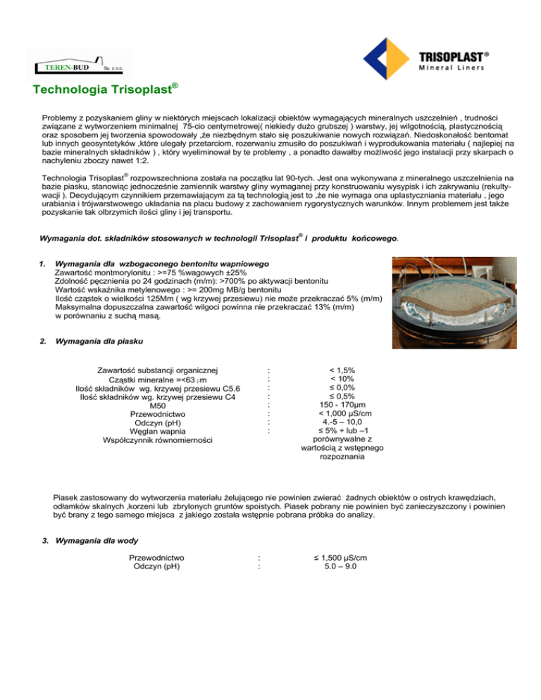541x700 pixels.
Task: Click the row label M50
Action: pyautogui.click(x=158, y=406)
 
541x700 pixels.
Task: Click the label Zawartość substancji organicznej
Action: pyautogui.click(x=158, y=369)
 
